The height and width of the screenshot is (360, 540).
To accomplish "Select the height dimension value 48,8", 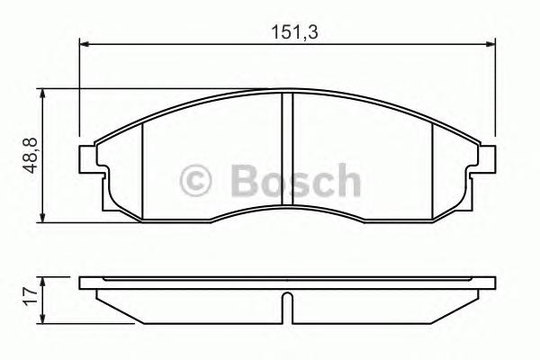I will coord(29,156).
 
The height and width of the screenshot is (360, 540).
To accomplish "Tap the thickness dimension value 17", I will coord(29,293).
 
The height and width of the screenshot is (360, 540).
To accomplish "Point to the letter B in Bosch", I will coord(242,179).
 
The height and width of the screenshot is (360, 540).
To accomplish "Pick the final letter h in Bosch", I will coord(345,179).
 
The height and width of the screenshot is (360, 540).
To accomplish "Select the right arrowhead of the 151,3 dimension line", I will coord(490,41).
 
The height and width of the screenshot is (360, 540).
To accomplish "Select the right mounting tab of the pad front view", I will coord(486,158).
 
